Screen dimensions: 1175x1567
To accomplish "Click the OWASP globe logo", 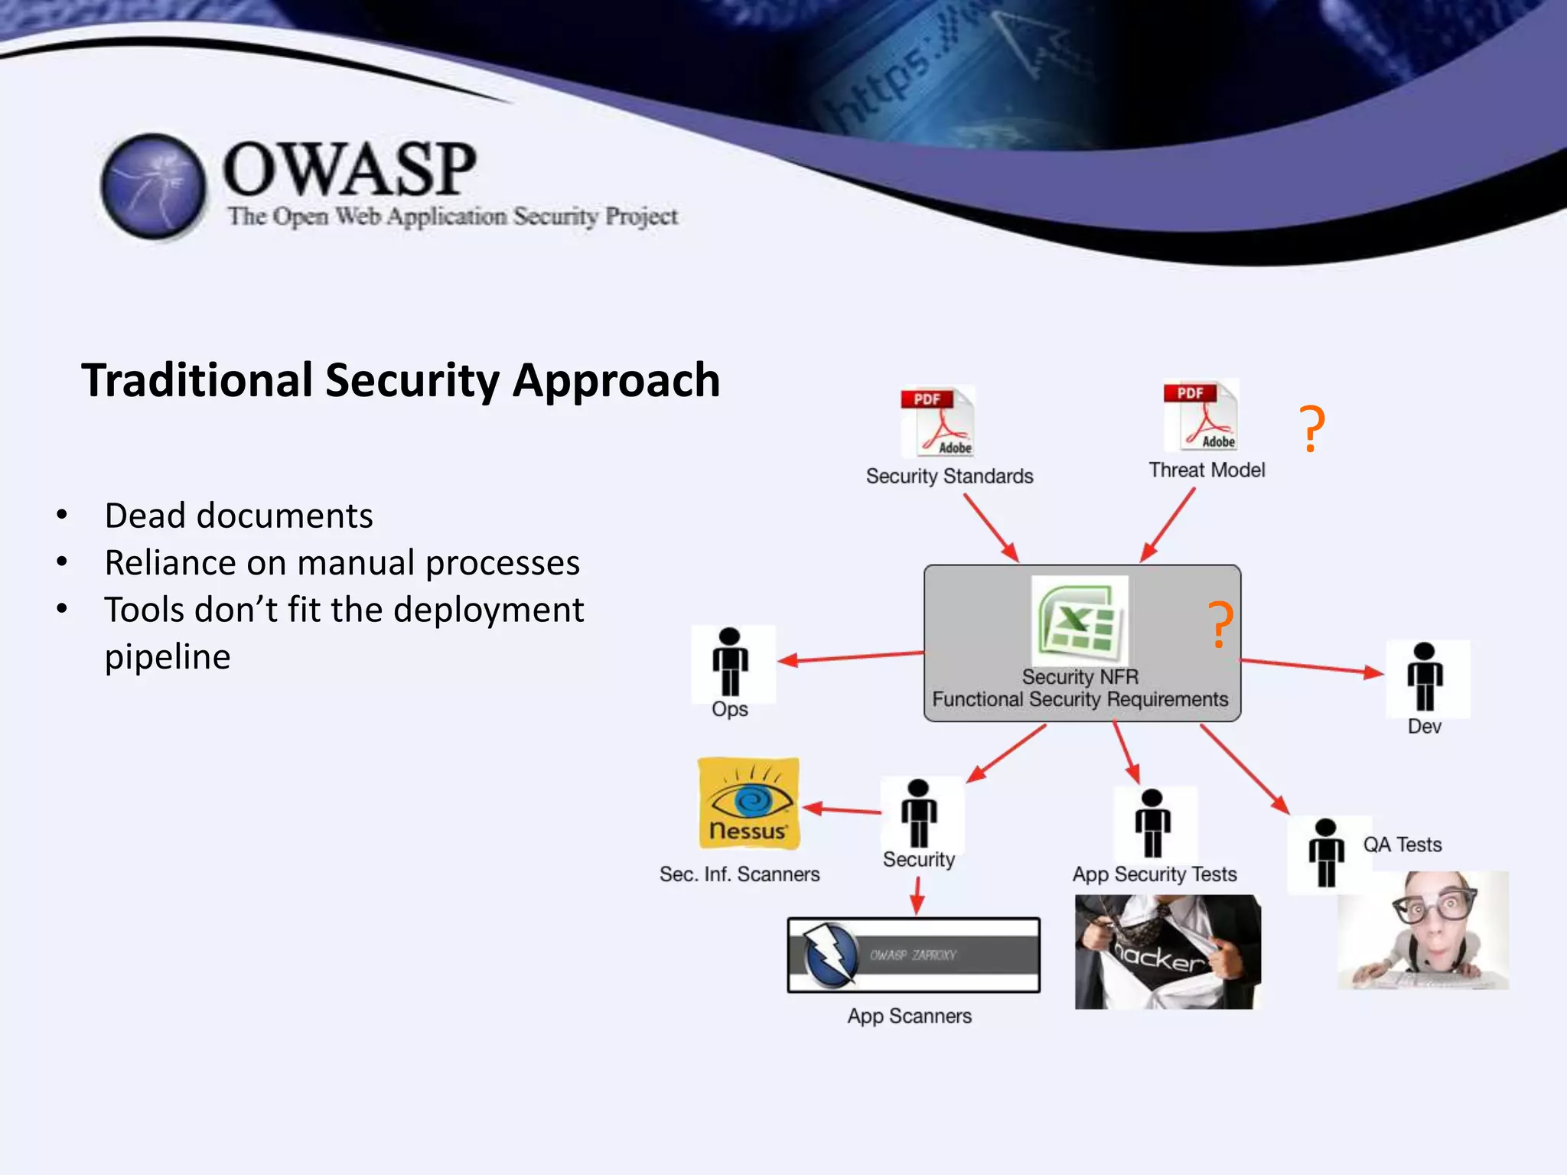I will [153, 186].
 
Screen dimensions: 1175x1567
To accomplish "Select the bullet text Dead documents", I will [239, 516].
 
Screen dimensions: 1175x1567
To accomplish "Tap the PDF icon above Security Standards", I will [937, 422].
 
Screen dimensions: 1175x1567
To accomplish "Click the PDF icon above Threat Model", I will [1200, 416].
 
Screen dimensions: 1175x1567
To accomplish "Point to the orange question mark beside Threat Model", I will [1312, 429].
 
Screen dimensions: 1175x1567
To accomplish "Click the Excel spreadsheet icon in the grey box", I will [1080, 620].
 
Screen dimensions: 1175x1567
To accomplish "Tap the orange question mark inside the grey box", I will [1220, 624].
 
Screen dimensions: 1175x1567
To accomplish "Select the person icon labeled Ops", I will [731, 662].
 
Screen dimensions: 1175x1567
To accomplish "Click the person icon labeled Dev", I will [1425, 677].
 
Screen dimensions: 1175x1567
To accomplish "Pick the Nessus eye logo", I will [748, 803].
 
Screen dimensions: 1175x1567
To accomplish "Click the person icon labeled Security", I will [919, 813].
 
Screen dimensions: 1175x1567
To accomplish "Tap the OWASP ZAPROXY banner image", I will [914, 955].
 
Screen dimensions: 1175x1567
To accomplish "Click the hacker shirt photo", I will [1167, 952].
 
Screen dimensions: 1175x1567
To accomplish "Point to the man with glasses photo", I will [1423, 930].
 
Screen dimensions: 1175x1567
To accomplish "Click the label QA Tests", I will [1402, 845].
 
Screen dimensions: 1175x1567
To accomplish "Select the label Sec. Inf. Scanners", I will [739, 874].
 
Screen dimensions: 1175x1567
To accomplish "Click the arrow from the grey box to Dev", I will [1311, 666].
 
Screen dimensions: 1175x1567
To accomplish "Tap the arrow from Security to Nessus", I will [842, 809].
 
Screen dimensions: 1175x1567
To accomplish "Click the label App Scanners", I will [909, 1016].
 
